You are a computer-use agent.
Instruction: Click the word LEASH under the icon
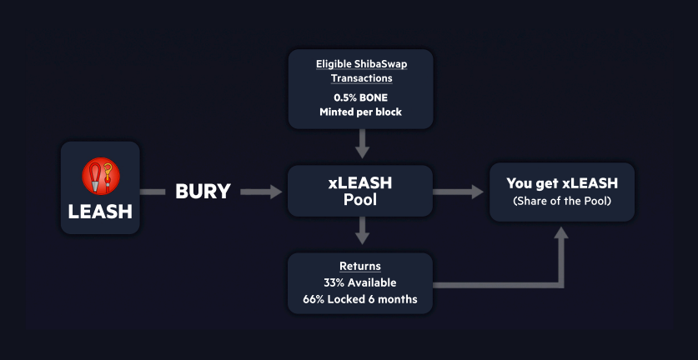click(x=100, y=211)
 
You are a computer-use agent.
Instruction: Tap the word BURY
click(x=203, y=192)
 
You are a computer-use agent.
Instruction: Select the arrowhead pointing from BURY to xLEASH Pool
click(x=276, y=192)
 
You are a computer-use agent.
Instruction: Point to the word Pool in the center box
click(x=360, y=201)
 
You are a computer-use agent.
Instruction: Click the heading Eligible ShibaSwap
click(x=360, y=63)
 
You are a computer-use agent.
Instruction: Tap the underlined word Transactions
click(x=360, y=77)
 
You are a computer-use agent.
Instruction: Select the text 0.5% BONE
click(x=360, y=97)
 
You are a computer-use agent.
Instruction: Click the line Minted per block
click(x=360, y=112)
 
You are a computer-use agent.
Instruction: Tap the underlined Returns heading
click(x=360, y=267)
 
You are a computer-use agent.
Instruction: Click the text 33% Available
click(x=360, y=282)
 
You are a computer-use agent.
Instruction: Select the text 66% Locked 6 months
click(x=360, y=299)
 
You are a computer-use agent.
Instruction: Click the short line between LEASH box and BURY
click(x=153, y=192)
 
